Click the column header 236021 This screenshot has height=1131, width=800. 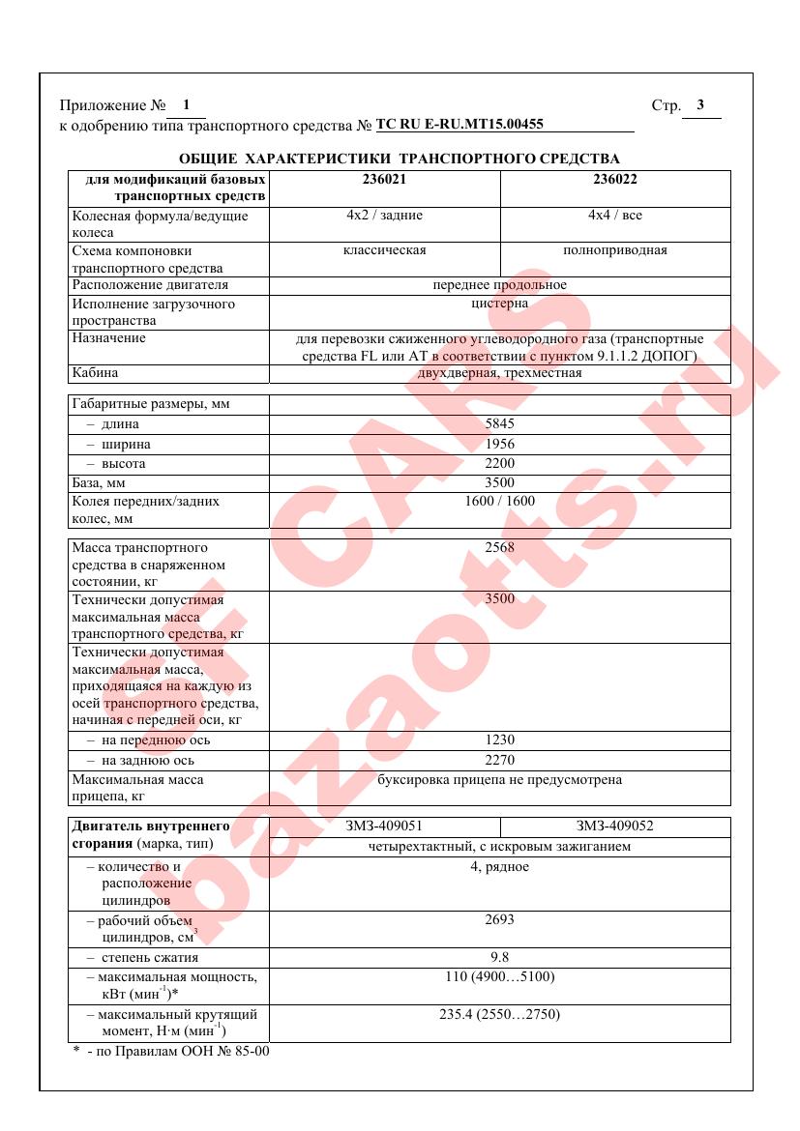[384, 179]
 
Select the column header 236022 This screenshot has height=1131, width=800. [615, 179]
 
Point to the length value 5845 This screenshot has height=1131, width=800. [499, 423]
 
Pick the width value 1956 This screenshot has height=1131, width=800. [499, 444]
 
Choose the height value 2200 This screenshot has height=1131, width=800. [499, 463]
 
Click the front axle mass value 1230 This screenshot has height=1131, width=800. [499, 740]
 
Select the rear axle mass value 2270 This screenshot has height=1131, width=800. [499, 760]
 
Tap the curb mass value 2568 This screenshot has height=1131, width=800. [499, 547]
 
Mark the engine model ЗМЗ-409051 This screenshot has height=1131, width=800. [384, 826]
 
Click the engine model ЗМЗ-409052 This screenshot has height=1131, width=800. [615, 826]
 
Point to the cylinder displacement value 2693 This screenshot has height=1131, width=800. [499, 919]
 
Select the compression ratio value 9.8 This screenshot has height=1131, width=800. [499, 957]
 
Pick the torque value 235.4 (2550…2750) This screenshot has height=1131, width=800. [499, 1014]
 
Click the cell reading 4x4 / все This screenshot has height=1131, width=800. [615, 216]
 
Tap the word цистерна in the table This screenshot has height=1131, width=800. [499, 304]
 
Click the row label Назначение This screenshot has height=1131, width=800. [108, 338]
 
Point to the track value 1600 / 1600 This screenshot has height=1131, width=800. [499, 501]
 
